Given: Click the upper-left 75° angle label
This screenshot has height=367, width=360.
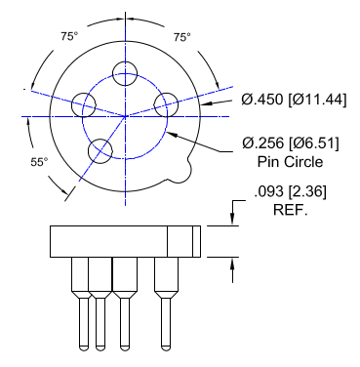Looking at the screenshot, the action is (x=69, y=36).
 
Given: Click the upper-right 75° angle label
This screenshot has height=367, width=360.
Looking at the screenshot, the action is (x=181, y=37).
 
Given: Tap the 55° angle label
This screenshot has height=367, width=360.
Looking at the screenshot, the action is (x=39, y=162).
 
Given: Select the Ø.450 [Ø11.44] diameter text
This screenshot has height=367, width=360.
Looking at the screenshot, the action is (x=294, y=100).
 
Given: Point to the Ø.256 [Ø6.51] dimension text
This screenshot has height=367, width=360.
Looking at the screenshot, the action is (x=291, y=143).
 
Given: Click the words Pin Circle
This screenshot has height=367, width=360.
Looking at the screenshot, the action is (x=290, y=162).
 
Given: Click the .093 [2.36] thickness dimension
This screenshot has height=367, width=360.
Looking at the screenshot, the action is (x=290, y=191).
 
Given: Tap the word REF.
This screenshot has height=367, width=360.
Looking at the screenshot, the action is (x=290, y=210).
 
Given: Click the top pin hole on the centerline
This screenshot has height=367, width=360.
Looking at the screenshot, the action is (x=125, y=73).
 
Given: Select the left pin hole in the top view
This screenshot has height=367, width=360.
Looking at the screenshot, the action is (x=84, y=105).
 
